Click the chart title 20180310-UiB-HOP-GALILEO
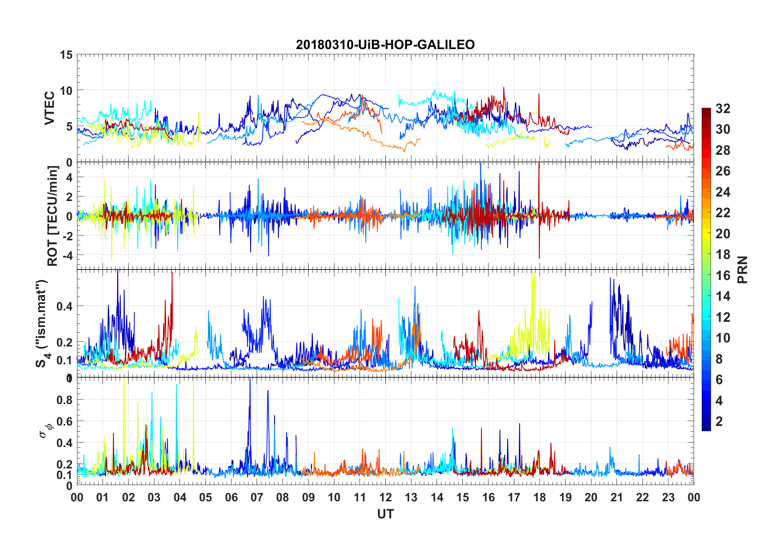click(385, 45)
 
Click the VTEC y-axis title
click(49, 108)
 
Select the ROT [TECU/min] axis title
click(53, 216)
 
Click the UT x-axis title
click(385, 514)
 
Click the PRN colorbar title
click(743, 269)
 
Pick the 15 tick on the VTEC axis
click(66, 55)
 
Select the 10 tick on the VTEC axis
click(66, 90)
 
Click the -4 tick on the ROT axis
click(67, 255)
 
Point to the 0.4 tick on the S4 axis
click(64, 306)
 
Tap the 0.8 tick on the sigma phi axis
click(64, 400)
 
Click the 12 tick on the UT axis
click(385, 497)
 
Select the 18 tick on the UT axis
click(540, 497)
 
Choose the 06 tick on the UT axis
click(231, 497)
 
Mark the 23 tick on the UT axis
click(668, 497)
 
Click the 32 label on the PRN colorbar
click(723, 109)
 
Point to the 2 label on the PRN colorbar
click(719, 421)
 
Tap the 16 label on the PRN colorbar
click(723, 276)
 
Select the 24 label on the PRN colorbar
click(723, 192)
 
